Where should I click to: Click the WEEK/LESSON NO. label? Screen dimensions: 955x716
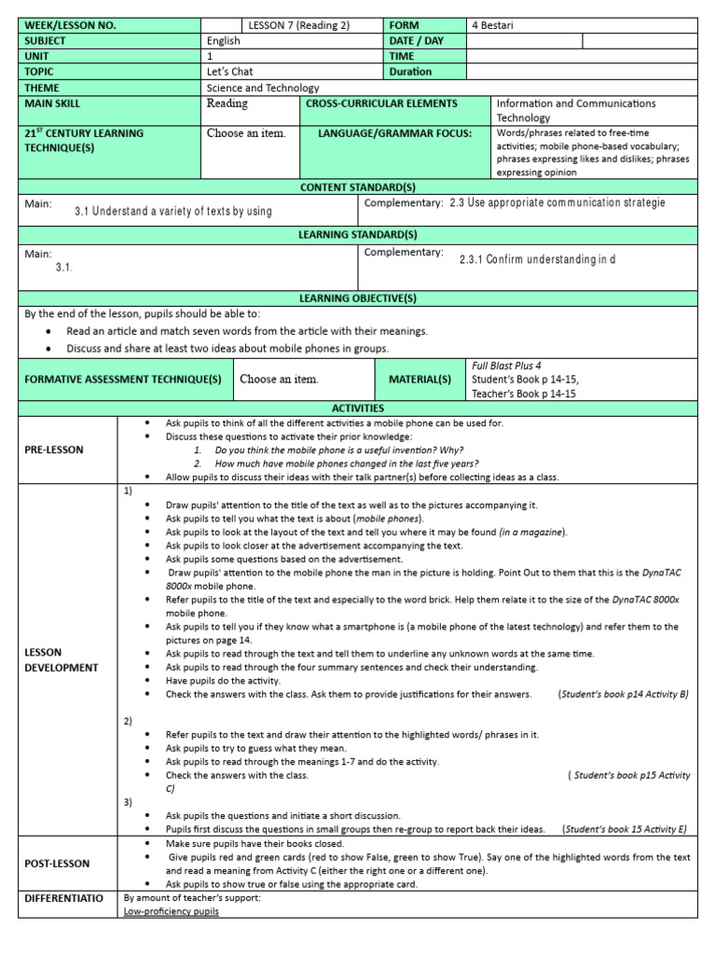[70, 26]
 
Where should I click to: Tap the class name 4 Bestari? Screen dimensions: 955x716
[493, 26]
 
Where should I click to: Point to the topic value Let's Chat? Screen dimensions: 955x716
[229, 71]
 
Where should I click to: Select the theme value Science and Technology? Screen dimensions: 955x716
[263, 88]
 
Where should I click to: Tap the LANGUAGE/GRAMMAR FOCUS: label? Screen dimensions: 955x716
[395, 133]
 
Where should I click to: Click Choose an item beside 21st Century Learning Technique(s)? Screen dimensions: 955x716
[246, 133]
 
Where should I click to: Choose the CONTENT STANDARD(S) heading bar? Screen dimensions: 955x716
[358, 187]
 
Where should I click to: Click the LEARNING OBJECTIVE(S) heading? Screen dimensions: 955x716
[358, 298]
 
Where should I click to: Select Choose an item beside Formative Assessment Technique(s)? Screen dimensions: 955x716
[279, 380]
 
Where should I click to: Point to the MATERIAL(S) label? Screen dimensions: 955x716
[420, 380]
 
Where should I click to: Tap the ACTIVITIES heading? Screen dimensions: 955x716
[358, 408]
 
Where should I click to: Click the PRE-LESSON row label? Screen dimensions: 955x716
[54, 450]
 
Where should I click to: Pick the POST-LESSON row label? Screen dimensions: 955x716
[56, 864]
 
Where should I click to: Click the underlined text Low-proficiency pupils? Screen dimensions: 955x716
[172, 911]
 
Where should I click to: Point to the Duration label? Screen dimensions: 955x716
[410, 72]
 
